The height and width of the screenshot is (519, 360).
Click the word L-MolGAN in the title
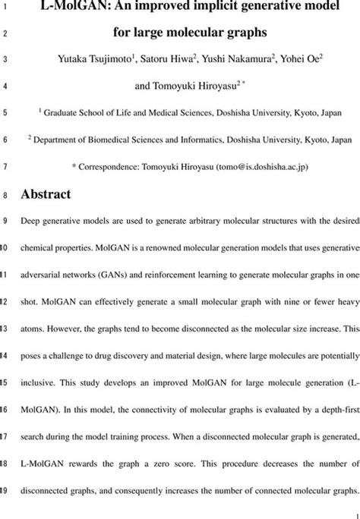point(69,11)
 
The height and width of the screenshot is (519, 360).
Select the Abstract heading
point(49,194)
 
